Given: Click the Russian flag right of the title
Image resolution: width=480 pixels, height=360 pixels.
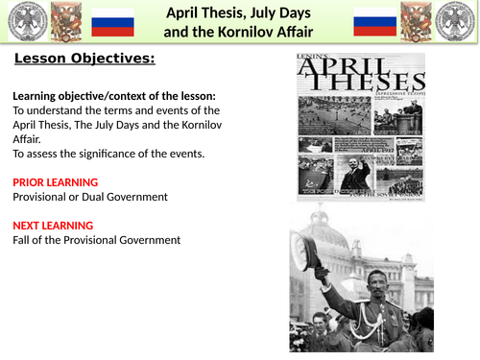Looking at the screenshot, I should (373, 21).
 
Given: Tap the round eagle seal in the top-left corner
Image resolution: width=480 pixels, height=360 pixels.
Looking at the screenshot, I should (21, 21).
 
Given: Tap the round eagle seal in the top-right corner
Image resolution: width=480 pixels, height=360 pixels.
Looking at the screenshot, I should (459, 21).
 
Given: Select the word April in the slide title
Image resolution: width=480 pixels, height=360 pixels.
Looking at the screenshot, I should (186, 12).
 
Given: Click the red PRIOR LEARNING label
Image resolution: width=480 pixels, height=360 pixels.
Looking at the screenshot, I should (55, 181).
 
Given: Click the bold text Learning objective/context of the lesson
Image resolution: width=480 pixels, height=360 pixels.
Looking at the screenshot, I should (114, 95).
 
